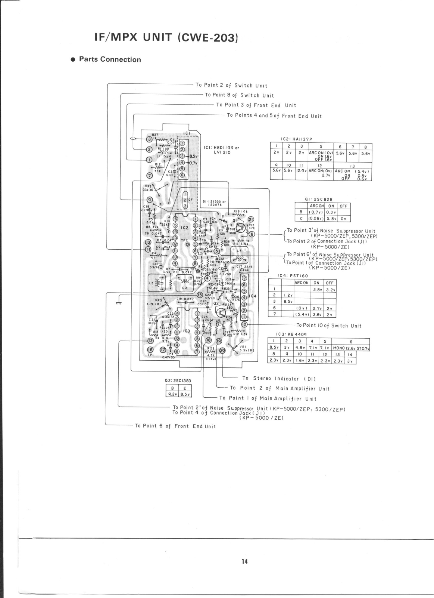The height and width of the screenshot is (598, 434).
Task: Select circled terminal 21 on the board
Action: (x=250, y=219)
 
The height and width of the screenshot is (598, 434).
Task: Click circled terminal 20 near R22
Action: (x=222, y=351)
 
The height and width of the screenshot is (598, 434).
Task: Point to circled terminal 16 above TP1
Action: (x=150, y=350)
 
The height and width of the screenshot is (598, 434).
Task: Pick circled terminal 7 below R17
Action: (x=150, y=175)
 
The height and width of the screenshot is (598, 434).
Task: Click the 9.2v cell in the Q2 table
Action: (x=172, y=394)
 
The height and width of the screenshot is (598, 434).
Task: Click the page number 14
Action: (x=244, y=561)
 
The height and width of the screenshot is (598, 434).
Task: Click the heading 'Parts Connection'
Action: (x=110, y=59)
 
